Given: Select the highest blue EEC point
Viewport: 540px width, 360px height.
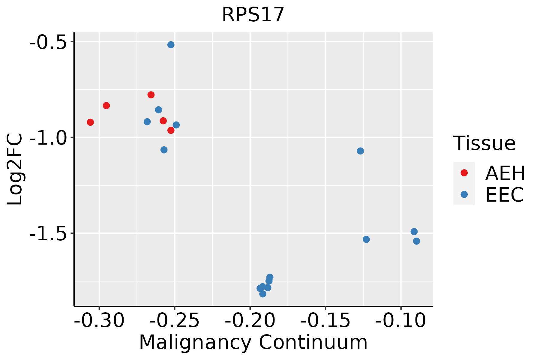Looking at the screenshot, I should (x=171, y=45).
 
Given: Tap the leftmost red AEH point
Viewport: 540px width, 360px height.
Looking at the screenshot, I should (x=90, y=122).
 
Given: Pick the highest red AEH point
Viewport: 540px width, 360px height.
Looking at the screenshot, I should (x=151, y=95).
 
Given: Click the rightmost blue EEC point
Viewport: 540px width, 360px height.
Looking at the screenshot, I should (x=416, y=241).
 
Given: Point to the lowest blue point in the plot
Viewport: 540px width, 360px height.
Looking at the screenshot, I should (x=263, y=294).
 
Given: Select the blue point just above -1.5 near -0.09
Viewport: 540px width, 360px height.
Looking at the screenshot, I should (x=414, y=232).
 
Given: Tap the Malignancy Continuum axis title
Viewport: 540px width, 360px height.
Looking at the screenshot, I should (x=253, y=343).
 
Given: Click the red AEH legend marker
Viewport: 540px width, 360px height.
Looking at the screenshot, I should (x=464, y=173).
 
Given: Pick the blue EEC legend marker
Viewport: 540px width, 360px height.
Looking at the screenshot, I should (x=464, y=194).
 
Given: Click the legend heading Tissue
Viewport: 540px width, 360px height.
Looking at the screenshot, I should (x=484, y=143).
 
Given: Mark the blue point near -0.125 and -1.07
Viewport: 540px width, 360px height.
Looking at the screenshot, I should (x=360, y=151).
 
